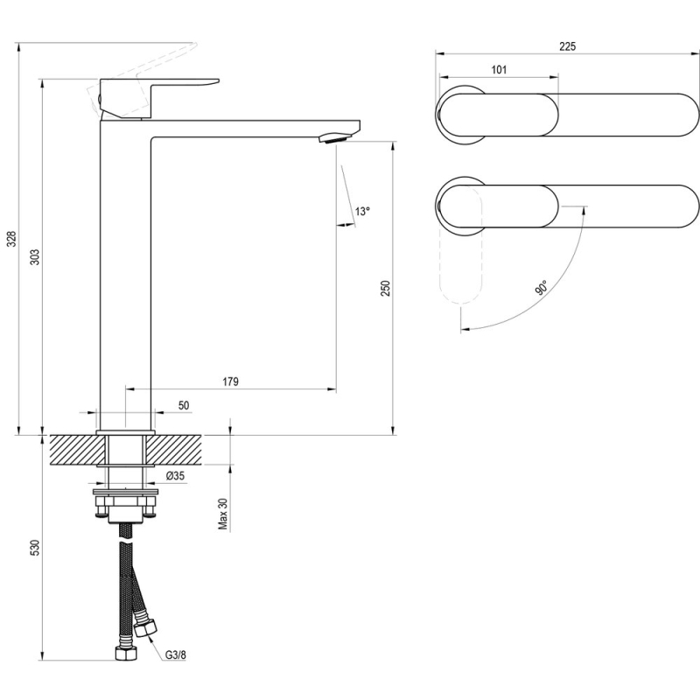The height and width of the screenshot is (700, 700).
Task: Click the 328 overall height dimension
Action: click(x=12, y=239)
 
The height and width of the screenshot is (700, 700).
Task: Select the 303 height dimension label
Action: click(x=35, y=257)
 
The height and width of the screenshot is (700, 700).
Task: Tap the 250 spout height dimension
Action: click(x=386, y=288)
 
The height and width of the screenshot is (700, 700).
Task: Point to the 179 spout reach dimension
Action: click(x=230, y=381)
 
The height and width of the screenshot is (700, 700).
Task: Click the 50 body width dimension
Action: click(x=184, y=405)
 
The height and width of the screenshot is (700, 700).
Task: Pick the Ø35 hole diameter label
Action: click(x=175, y=476)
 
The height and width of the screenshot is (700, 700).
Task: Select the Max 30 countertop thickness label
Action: click(x=223, y=514)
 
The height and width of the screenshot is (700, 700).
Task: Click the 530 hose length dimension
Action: click(x=35, y=548)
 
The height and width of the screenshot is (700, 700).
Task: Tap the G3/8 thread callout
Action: click(x=176, y=654)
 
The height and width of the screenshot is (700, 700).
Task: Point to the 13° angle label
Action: click(x=362, y=211)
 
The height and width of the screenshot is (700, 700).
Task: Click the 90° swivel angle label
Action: click(x=541, y=288)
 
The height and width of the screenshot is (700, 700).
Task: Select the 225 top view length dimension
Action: click(x=567, y=46)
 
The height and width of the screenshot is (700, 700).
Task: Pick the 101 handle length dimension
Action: click(x=499, y=70)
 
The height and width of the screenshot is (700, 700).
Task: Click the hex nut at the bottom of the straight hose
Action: click(x=125, y=653)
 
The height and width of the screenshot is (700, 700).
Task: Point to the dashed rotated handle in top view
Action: click(x=461, y=246)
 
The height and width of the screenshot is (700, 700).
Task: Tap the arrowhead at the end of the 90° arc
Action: click(x=465, y=330)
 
